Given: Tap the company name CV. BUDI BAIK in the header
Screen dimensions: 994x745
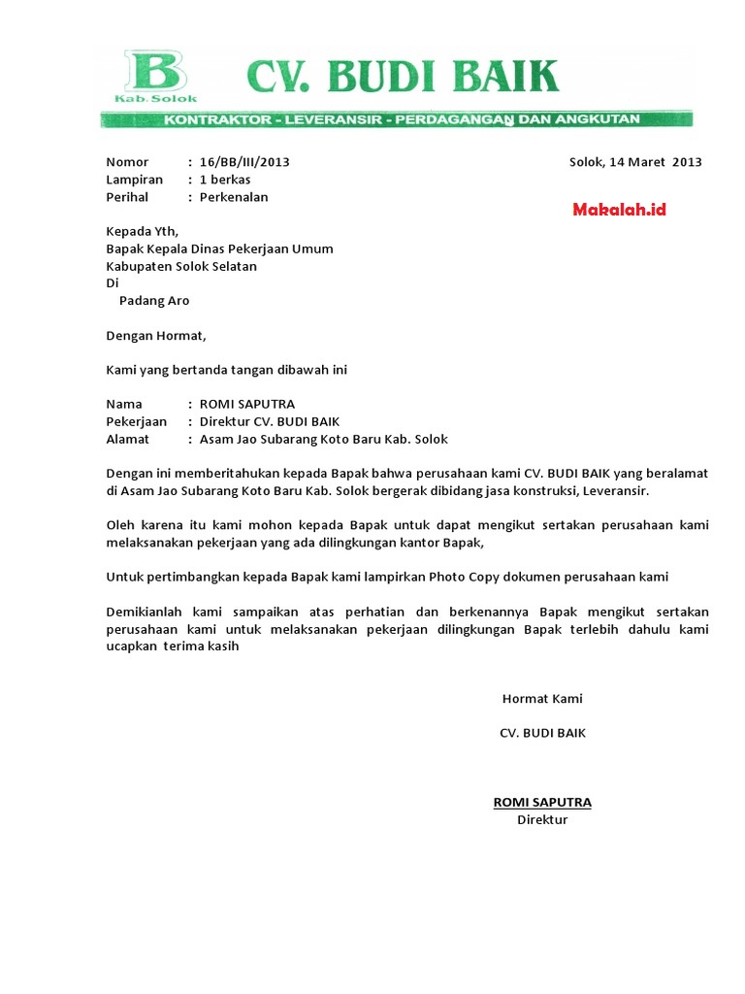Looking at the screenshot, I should (x=402, y=76).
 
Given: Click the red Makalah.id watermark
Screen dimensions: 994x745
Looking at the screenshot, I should (x=619, y=210).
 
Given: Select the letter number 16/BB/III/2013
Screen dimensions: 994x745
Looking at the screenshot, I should (x=244, y=162).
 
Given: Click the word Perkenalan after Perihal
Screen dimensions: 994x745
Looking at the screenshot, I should (x=234, y=197).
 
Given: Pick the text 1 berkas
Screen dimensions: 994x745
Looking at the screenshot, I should (x=225, y=180).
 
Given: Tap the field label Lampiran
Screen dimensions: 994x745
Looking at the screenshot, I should (x=134, y=180).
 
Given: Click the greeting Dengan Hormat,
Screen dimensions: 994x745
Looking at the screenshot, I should (x=156, y=336).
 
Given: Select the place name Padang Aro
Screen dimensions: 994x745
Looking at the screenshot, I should (x=154, y=301).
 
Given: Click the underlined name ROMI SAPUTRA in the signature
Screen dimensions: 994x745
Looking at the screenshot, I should (x=542, y=802).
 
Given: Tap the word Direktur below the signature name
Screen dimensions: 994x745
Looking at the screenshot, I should (x=542, y=819).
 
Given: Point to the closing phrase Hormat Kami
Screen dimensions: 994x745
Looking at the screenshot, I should (x=542, y=699).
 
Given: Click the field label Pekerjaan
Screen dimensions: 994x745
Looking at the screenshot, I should (x=136, y=421).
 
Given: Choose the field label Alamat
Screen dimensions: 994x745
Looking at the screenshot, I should (x=127, y=439).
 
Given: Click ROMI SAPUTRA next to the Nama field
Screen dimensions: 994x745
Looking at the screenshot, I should (x=246, y=404).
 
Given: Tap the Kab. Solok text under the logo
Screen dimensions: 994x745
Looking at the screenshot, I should (x=155, y=98).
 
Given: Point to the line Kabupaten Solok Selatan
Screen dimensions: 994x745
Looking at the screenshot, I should (x=181, y=266).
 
